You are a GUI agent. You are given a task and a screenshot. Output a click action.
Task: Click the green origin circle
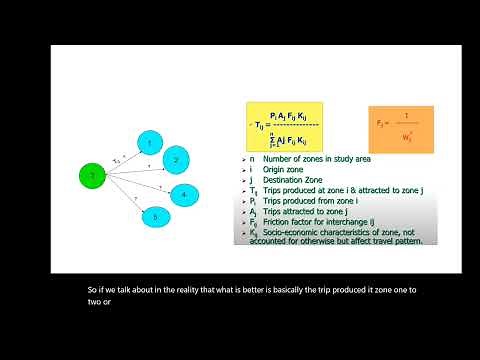click(x=92, y=177)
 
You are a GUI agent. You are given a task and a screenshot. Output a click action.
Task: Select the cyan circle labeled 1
click(x=150, y=143)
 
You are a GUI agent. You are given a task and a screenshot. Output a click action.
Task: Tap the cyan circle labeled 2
click(x=176, y=159)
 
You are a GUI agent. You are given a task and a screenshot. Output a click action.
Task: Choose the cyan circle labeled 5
click(x=155, y=215)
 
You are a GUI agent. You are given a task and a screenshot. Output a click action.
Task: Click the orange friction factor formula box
click(x=400, y=129)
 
